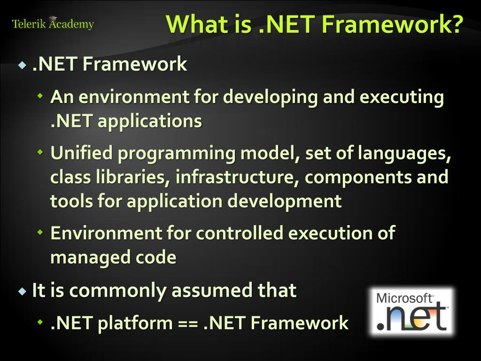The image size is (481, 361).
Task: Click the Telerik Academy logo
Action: [53, 24]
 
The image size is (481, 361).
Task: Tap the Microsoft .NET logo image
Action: [411, 311]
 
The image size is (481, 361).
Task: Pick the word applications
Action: [150, 121]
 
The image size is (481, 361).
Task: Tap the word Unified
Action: [82, 153]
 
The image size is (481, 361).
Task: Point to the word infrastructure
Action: [238, 177]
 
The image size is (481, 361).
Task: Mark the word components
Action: [357, 178]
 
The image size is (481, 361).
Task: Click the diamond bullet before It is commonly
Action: [22, 291]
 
